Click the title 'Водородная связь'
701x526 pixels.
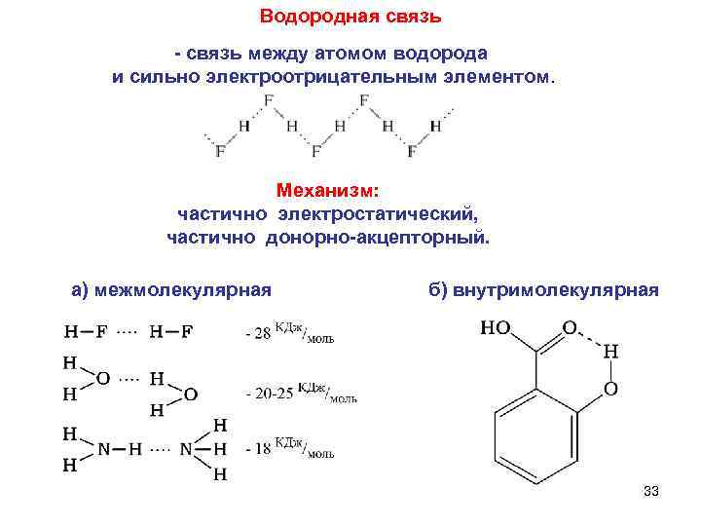351,17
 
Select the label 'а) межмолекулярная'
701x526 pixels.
171,289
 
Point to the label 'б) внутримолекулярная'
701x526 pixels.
543,289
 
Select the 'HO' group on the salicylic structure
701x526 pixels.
495,328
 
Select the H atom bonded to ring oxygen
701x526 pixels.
610,351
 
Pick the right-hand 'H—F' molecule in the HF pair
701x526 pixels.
171,332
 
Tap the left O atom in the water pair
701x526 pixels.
102,377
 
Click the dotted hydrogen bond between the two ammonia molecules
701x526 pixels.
163,449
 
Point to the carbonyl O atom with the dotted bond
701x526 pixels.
570,328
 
